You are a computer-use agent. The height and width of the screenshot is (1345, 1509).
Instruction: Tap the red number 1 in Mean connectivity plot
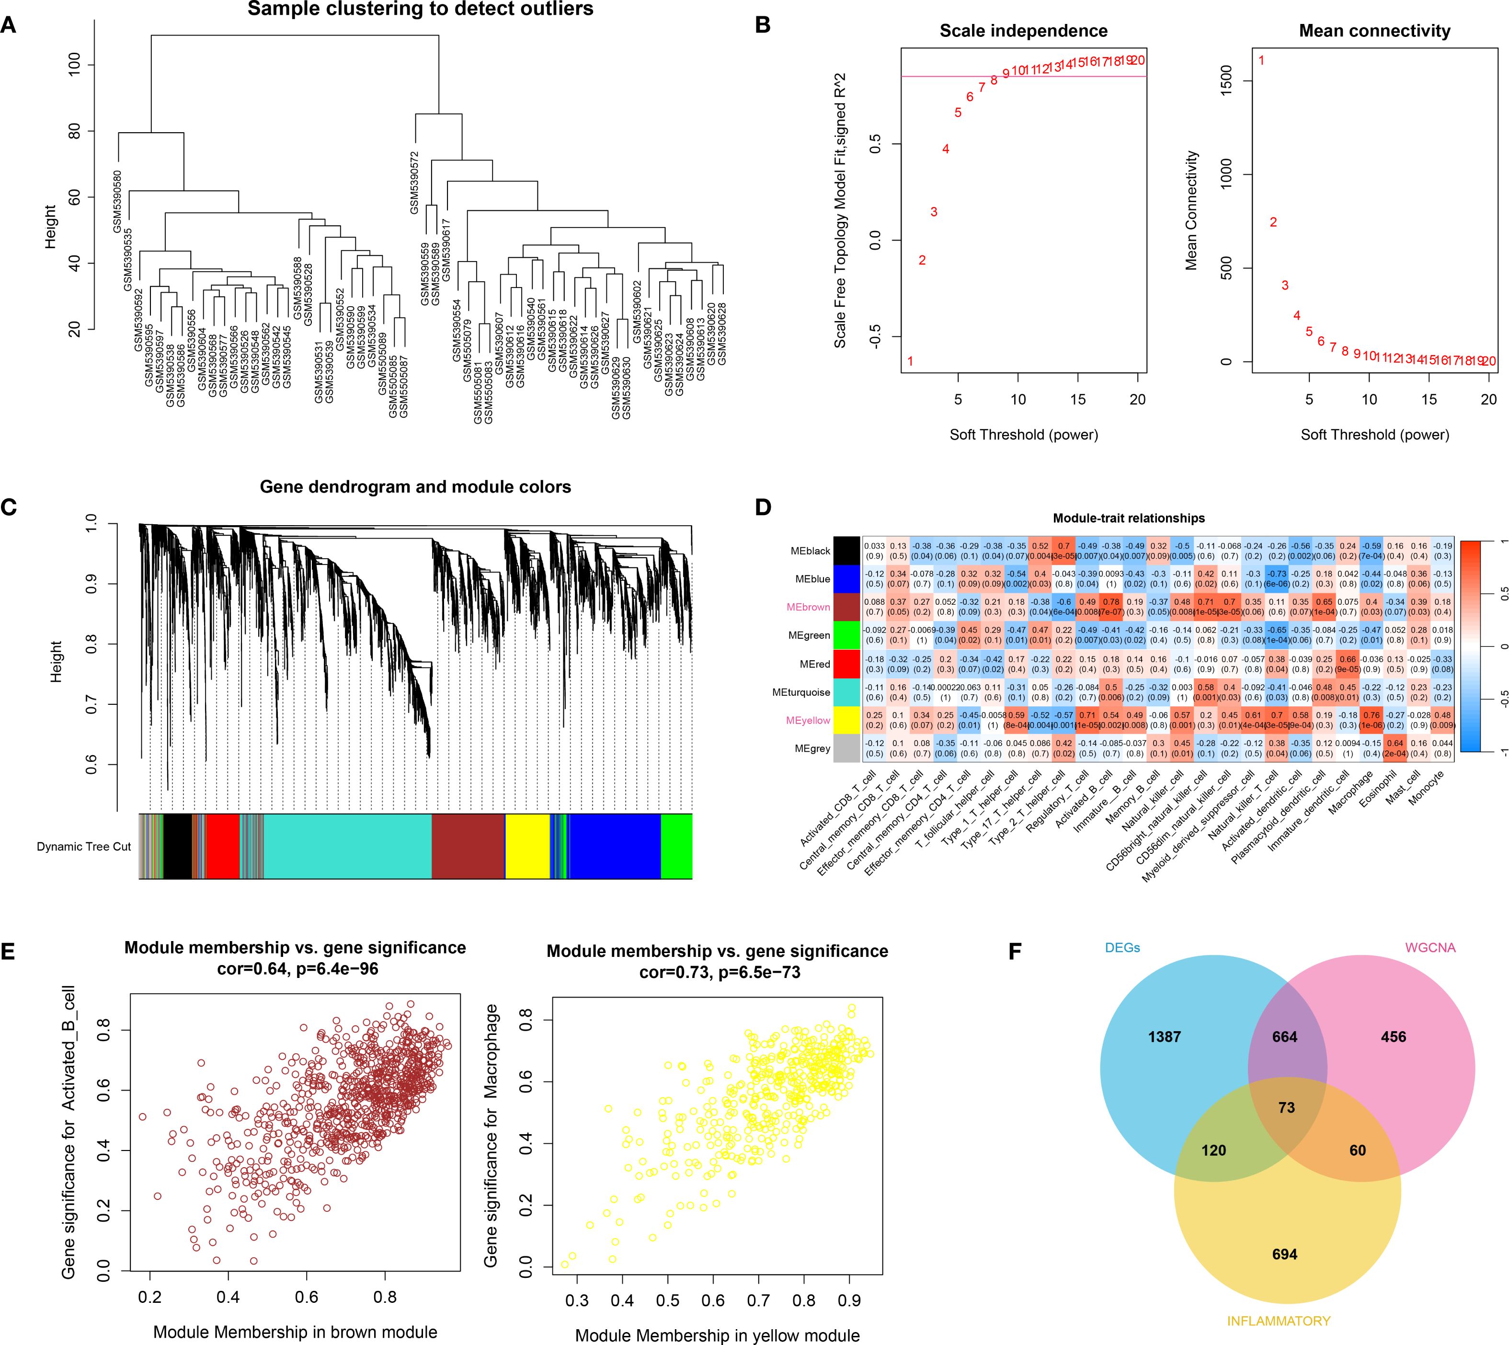1261,60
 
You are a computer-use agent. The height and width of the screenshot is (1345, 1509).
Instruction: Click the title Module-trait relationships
1129,517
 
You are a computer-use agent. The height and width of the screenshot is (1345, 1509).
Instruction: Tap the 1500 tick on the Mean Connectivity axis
1227,80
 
